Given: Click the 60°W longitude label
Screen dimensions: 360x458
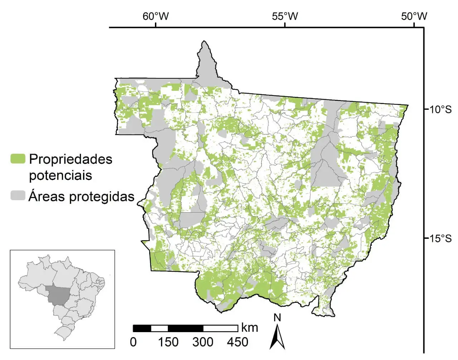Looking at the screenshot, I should pos(156,16).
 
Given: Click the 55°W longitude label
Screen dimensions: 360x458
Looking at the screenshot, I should pos(285,16).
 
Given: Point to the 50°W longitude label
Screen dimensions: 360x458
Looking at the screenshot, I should pos(414,16).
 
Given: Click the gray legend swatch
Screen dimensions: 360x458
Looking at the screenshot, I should pos(18,196).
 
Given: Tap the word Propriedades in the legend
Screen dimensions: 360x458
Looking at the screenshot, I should pos(70,159).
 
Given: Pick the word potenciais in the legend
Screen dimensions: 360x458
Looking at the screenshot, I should pos(60,176).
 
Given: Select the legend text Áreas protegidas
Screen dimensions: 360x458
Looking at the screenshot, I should pos(82,196).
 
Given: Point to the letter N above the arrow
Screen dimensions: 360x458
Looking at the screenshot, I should pos(277,317).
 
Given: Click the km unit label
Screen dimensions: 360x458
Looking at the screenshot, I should pos(249,327).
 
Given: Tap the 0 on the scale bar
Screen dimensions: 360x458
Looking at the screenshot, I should pos(133,342).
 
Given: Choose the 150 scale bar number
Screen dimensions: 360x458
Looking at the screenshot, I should pos(168,342).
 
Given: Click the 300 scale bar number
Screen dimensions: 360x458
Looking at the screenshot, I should pos(203,342).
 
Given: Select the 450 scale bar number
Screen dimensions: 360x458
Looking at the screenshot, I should pos(238,342).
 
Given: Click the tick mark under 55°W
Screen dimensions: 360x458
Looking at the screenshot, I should pos(285,25).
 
